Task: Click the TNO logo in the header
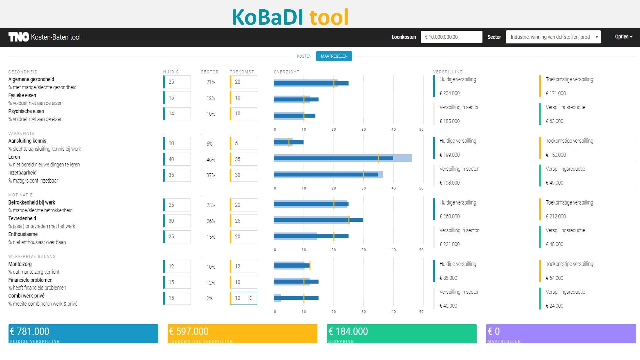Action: pyautogui.click(x=19, y=37)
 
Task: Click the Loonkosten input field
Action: pyautogui.click(x=451, y=37)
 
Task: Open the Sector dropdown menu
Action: pyautogui.click(x=553, y=37)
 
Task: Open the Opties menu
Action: pyautogui.click(x=623, y=37)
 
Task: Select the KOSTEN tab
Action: pyautogui.click(x=304, y=56)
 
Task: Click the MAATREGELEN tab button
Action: pyautogui.click(x=334, y=56)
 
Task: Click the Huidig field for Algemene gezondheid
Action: pyautogui.click(x=177, y=82)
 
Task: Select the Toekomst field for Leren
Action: pyautogui.click(x=244, y=159)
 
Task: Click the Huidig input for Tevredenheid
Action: pyautogui.click(x=177, y=221)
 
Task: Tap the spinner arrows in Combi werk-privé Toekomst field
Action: pyautogui.click(x=251, y=298)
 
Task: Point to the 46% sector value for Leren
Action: pyautogui.click(x=211, y=160)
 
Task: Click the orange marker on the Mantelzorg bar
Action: pyautogui.click(x=310, y=266)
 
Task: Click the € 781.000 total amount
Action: pyautogui.click(x=30, y=331)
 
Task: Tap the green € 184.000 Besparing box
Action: pyautogui.click(x=401, y=333)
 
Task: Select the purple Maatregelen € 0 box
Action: pyautogui.click(x=561, y=333)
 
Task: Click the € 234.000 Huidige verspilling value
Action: pyautogui.click(x=449, y=93)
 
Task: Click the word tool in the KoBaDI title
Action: pyautogui.click(x=329, y=17)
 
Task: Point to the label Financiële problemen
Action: pyautogui.click(x=30, y=280)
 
